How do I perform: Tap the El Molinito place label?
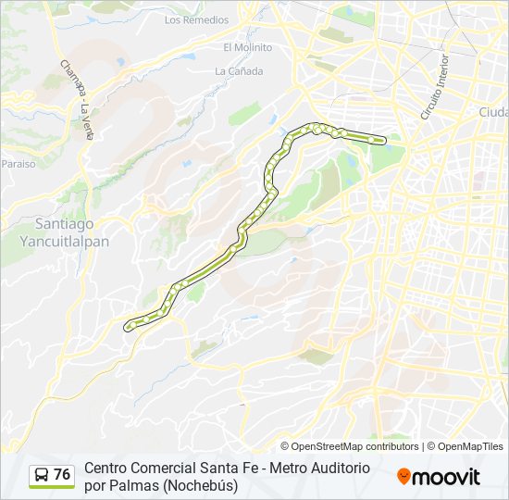tap(247, 47)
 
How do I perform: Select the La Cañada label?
tap(239, 70)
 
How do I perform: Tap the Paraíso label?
tap(18, 163)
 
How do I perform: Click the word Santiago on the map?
tap(65, 224)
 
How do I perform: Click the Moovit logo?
tap(439, 477)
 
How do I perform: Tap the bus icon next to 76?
tap(42, 476)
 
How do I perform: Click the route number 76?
tap(62, 475)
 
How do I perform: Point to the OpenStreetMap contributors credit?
tap(350, 446)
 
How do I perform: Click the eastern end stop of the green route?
tap(381, 141)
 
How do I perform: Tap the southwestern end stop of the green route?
tap(128, 325)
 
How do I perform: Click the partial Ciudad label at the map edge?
tap(493, 112)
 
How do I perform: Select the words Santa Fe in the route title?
tap(223, 469)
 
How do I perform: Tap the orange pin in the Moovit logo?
tap(403, 477)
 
